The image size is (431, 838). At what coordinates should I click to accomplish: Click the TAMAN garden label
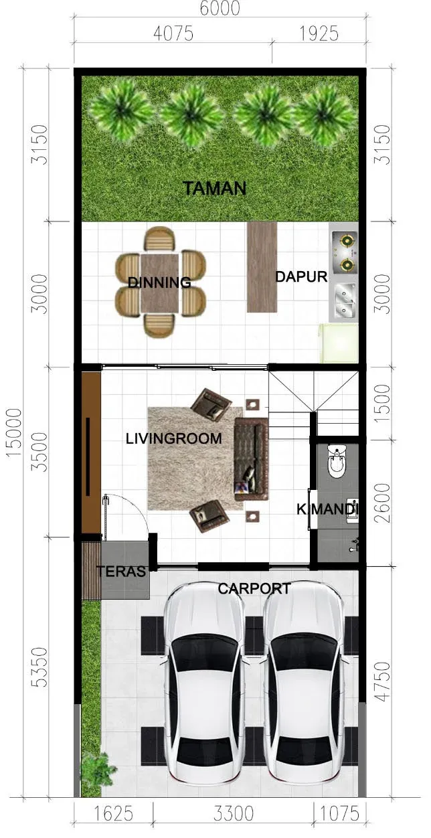tap(214, 188)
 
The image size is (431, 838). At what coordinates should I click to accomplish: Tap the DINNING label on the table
tap(159, 282)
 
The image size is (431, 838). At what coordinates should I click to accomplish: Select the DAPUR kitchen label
tap(301, 277)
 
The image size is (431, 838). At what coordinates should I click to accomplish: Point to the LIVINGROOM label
tap(173, 438)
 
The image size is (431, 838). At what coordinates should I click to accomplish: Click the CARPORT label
tap(254, 588)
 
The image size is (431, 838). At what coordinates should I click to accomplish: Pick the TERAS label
tap(122, 571)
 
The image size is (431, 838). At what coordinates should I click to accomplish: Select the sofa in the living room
tap(252, 459)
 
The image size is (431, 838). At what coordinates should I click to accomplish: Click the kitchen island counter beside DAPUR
tap(262, 267)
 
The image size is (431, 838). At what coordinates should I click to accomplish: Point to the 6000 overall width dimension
tap(220, 8)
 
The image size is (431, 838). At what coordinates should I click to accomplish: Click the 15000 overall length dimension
tap(14, 432)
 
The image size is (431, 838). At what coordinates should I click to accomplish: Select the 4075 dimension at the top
tap(173, 33)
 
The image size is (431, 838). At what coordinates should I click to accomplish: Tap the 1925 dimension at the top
tap(319, 33)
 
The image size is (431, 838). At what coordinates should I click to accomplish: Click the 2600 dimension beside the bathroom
tap(382, 503)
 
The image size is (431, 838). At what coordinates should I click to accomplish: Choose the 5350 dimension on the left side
tap(39, 667)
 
